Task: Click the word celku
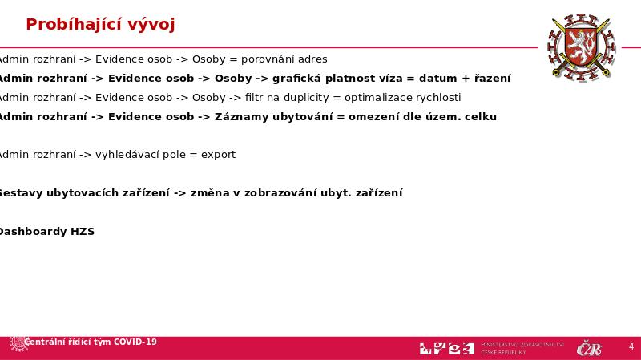pos(480,117)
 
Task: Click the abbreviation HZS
pos(83,232)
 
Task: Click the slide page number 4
pos(631,347)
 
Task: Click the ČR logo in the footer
pos(590,348)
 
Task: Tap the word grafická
pos(300,79)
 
